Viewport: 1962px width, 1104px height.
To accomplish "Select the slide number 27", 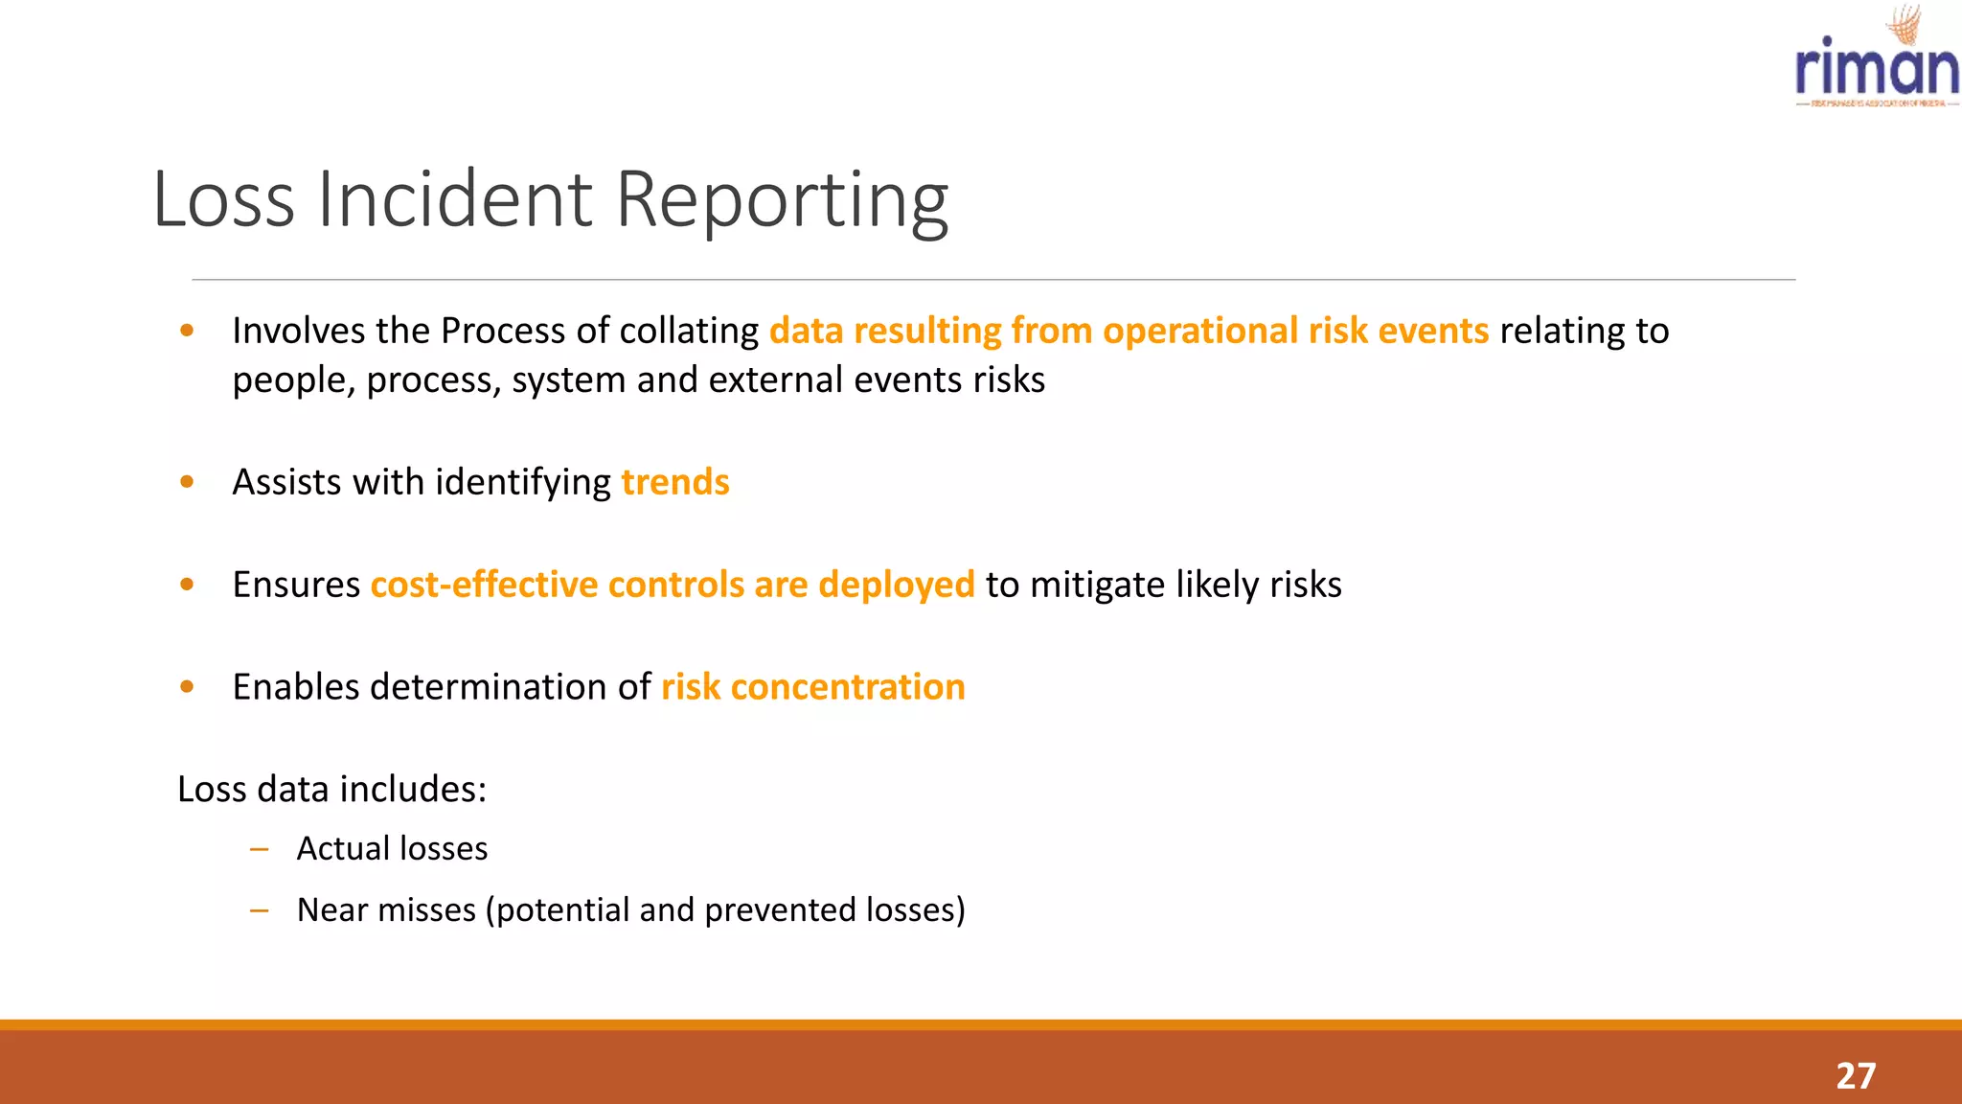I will pyautogui.click(x=1855, y=1075).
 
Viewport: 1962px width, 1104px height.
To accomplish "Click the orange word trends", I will pyautogui.click(x=675, y=482).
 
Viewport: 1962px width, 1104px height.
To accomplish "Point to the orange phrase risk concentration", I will pyautogui.click(x=812, y=687).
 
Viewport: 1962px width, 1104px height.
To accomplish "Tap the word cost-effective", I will pyautogui.click(x=484, y=585).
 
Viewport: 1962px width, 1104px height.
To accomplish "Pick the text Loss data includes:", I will pyautogui.click(x=332, y=790).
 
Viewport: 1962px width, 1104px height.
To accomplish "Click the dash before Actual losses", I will pyautogui.click(x=259, y=849).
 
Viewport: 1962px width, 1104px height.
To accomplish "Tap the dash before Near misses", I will pyautogui.click(x=259, y=910).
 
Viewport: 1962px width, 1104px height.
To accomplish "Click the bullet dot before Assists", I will pyautogui.click(x=187, y=482).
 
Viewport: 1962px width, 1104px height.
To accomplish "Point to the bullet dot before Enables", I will pyautogui.click(x=187, y=686).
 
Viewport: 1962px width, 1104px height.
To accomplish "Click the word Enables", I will pyautogui.click(x=295, y=687).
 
